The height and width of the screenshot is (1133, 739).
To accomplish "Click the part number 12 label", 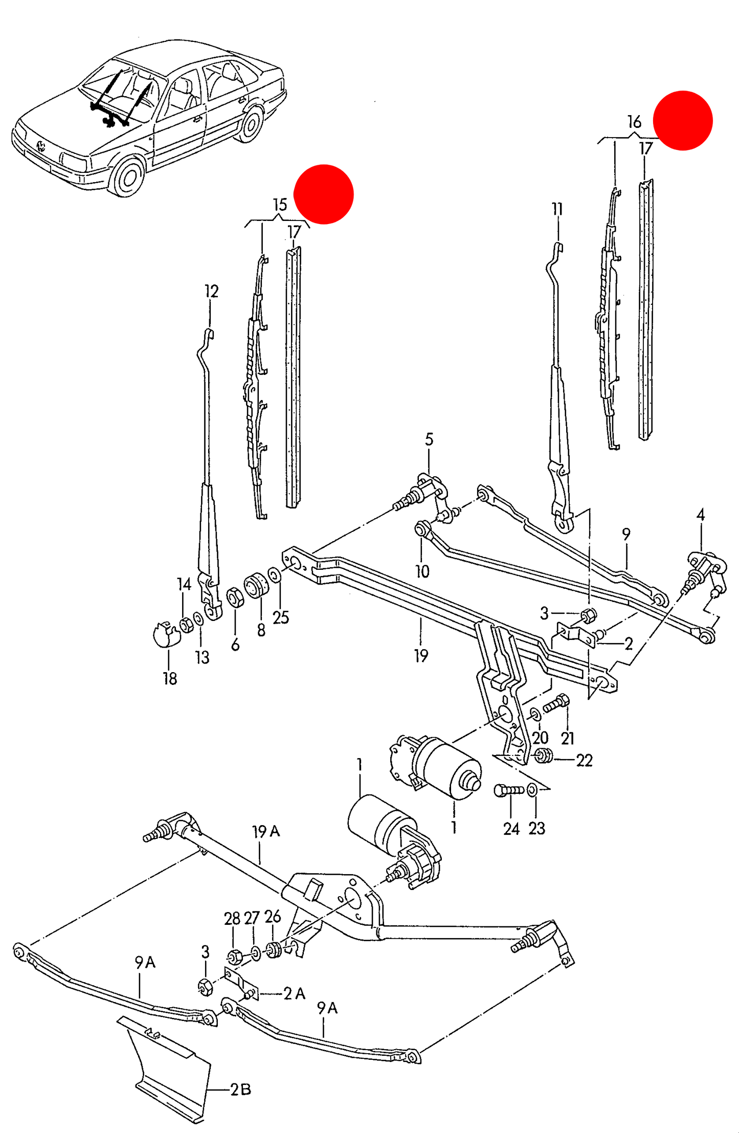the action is coord(211,292).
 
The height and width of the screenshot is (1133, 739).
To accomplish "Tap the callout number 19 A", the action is coord(266,831).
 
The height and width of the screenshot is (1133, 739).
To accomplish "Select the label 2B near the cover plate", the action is coord(240,1090).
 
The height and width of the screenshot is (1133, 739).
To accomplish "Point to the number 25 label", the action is coord(281,617).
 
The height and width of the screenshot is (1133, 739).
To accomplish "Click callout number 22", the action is coord(585,761).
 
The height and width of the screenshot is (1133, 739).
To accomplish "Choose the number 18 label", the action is coord(170,678).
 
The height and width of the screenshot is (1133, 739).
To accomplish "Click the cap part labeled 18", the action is coord(166,634).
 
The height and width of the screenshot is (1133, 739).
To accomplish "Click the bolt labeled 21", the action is coord(556,703).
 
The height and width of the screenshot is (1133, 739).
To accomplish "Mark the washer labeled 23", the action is coord(532,790).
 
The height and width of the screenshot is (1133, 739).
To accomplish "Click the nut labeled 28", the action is coord(234,957).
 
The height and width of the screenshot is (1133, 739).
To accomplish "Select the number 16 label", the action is coord(634,122).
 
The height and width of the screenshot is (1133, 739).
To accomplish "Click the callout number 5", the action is coord(429,439).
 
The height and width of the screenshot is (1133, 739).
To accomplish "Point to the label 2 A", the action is coord(294,993).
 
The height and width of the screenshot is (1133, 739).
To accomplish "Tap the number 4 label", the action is coord(701,515).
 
